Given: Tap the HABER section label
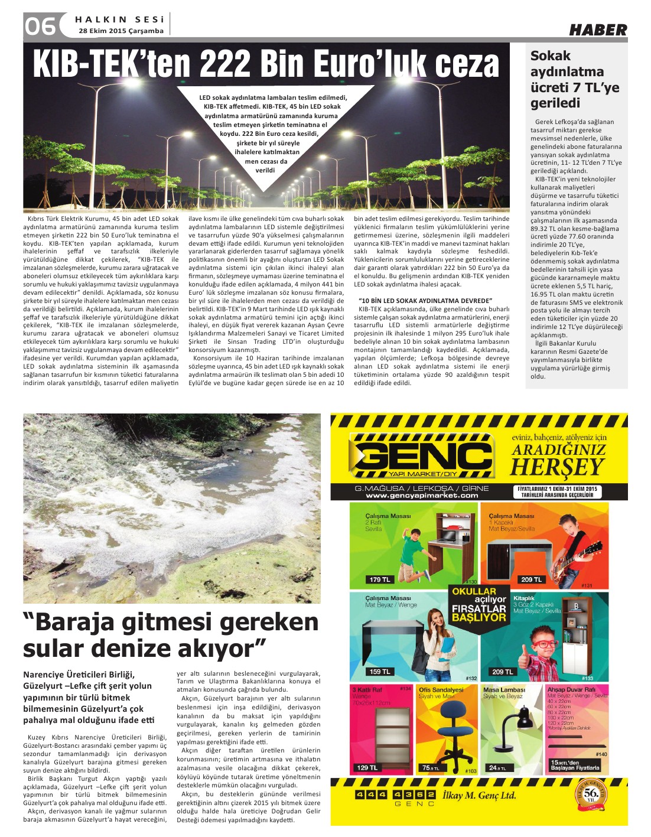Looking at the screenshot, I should [x=598, y=30].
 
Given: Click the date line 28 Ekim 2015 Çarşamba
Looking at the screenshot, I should [x=121, y=31].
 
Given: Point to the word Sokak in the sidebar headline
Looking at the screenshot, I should [x=551, y=56].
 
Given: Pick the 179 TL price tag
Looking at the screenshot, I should [x=379, y=579].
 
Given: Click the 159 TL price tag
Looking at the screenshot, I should [x=379, y=672].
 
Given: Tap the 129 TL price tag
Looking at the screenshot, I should [x=366, y=767].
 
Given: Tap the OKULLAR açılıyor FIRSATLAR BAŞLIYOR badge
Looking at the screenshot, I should [x=479, y=604].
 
